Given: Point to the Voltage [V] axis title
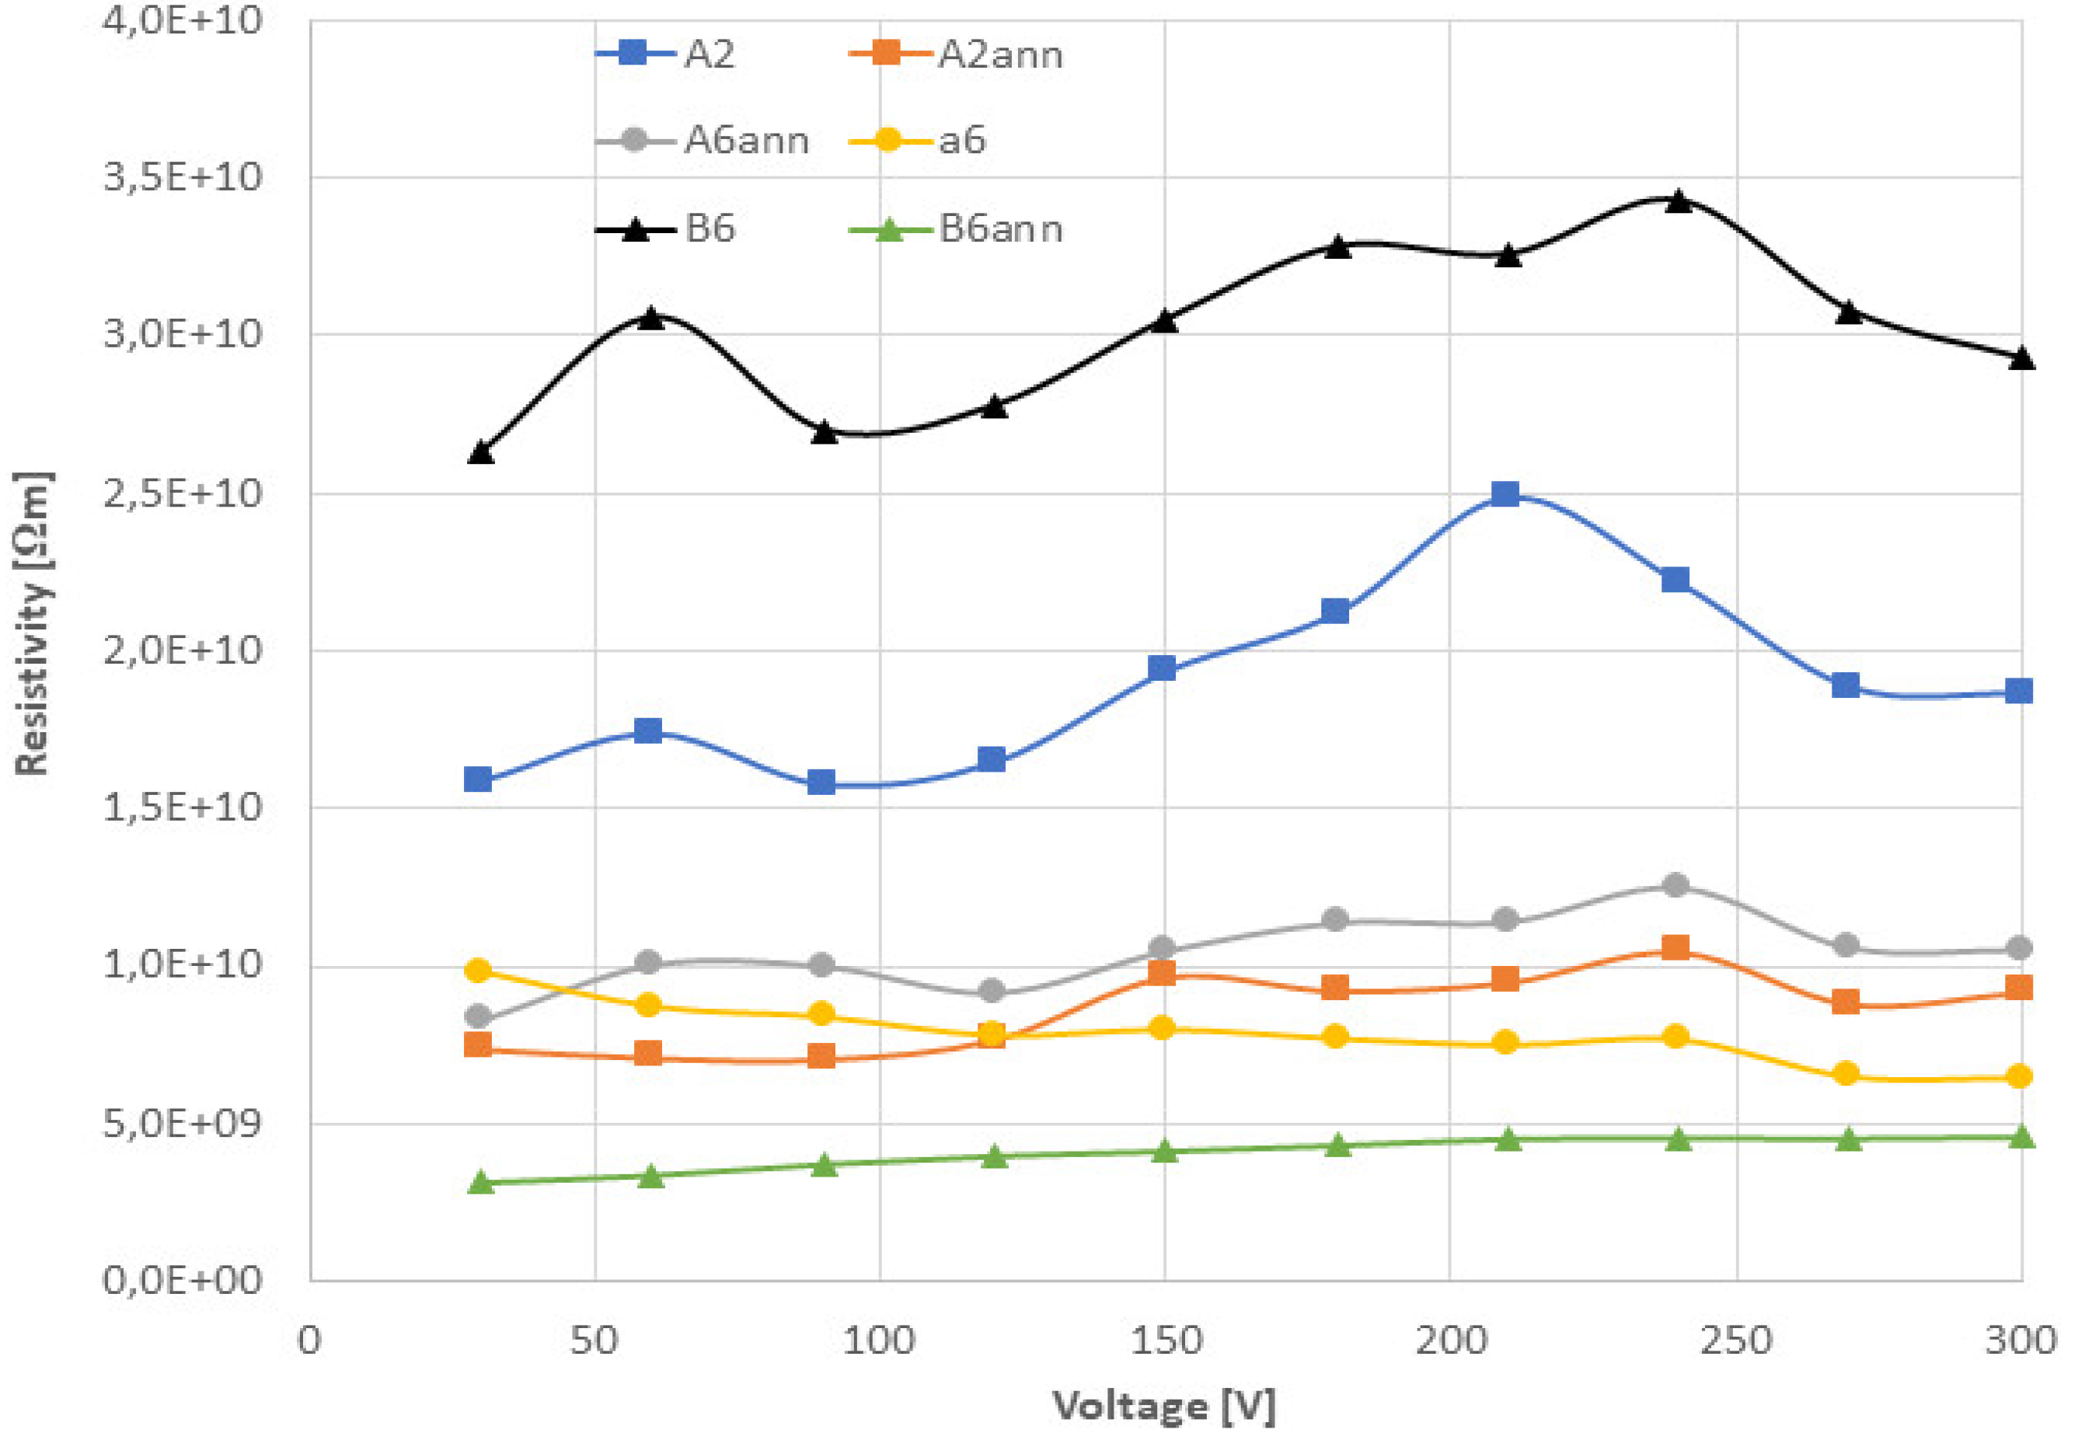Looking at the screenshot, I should click(x=1164, y=1407).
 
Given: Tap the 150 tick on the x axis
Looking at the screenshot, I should click(x=1166, y=1340).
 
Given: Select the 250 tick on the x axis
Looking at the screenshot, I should click(x=1735, y=1340).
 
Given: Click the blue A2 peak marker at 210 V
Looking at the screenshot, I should click(x=1505, y=493).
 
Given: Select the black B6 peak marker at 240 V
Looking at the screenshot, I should click(x=1678, y=201).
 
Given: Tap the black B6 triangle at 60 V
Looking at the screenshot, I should click(x=650, y=318).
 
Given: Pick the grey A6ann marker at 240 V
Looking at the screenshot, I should click(x=1675, y=884).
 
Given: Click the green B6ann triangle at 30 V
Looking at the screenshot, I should click(x=480, y=1183).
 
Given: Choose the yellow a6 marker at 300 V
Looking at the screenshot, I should click(x=2020, y=1076).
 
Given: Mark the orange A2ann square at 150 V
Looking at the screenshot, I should click(x=1162, y=973).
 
